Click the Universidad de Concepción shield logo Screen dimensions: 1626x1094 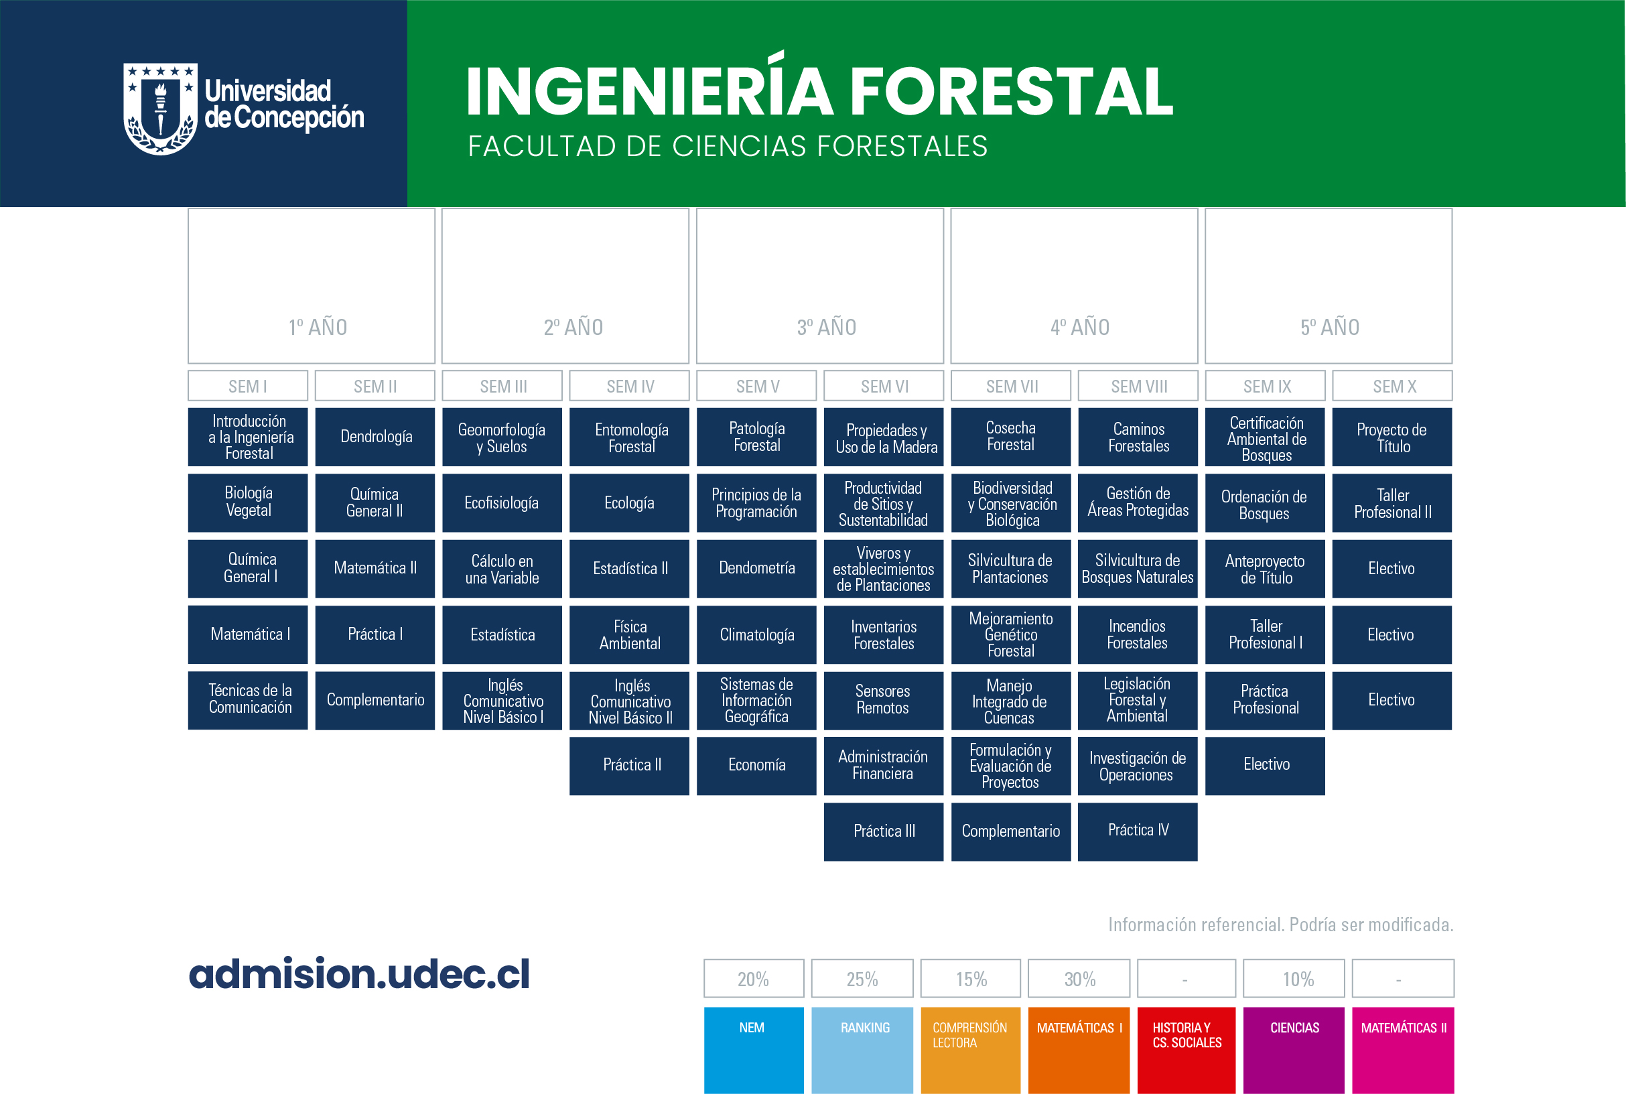pos(160,109)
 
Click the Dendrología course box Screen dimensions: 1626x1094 pos(375,437)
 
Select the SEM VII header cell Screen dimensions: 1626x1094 pos(1011,386)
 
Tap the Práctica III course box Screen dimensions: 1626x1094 pos(883,831)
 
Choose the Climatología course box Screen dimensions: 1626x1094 pos(756,635)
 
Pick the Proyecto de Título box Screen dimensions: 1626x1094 pos(1392,437)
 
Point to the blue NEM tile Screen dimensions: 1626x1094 pos(753,1050)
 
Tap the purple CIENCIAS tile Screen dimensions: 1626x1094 pos(1293,1050)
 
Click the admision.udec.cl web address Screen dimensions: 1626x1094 pos(359,974)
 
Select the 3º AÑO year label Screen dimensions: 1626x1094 pos(827,326)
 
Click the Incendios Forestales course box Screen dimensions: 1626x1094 pos(1137,635)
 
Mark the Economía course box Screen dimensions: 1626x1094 pos(756,765)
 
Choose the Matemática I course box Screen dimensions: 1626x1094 pos(248,635)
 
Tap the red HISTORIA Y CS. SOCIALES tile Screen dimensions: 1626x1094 pos(1186,1050)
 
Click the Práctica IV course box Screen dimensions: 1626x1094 pos(1137,831)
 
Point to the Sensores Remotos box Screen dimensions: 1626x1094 pos(883,701)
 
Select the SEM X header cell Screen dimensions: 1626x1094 pos(1392,386)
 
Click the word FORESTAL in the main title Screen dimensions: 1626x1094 pos(1012,91)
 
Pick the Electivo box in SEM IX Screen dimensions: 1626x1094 pos(1265,765)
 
